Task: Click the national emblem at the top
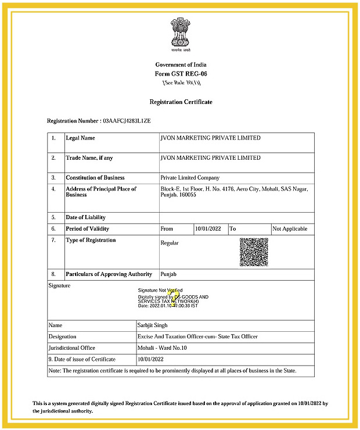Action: (x=180, y=34)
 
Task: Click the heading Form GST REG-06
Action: (x=181, y=74)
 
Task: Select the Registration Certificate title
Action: (x=181, y=102)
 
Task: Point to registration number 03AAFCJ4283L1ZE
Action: (x=127, y=121)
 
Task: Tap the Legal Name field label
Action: (x=80, y=138)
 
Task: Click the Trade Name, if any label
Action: (x=89, y=158)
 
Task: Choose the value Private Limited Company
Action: (x=190, y=178)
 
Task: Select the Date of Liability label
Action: (x=85, y=217)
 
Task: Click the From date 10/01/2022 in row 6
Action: (x=209, y=229)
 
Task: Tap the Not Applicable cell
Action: (x=290, y=229)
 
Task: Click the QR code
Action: (x=254, y=252)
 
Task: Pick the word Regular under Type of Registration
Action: (x=170, y=243)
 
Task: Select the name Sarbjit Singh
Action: (x=154, y=326)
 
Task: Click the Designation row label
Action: (x=63, y=337)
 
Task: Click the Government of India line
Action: (x=181, y=64)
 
